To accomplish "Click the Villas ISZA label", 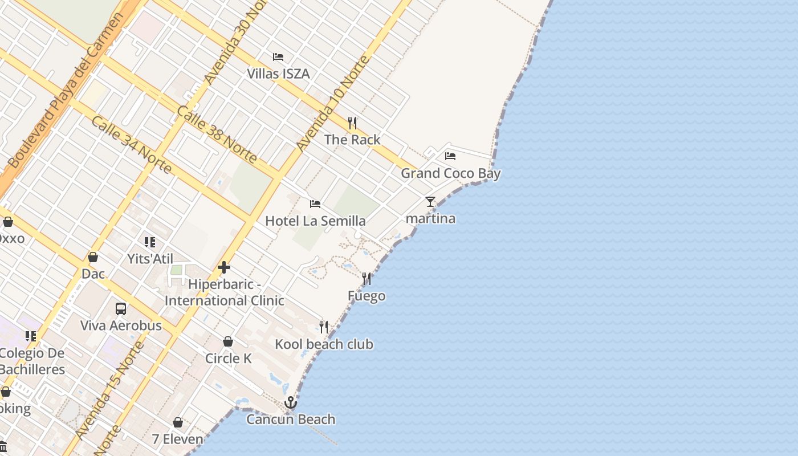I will (278, 74).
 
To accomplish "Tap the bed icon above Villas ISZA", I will (278, 56).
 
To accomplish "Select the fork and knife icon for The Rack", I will (352, 123).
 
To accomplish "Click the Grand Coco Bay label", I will (450, 173).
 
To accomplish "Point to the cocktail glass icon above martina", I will (430, 202).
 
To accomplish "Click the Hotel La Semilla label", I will (315, 221).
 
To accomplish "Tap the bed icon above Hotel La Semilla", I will (315, 203).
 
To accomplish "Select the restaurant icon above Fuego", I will (367, 279).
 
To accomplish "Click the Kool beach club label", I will (324, 344).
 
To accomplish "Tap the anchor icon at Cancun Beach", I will (291, 402).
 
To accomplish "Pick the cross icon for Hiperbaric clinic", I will (224, 267).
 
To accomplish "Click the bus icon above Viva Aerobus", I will (121, 308).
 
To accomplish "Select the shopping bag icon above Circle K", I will (228, 341).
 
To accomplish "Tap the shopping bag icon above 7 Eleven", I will (178, 422).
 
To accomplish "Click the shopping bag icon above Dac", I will (93, 257).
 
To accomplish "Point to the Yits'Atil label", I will (150, 259).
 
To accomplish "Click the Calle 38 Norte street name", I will (217, 135).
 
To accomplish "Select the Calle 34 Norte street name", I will (131, 145).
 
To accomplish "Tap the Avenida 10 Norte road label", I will (333, 103).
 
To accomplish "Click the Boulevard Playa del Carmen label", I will (66, 91).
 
